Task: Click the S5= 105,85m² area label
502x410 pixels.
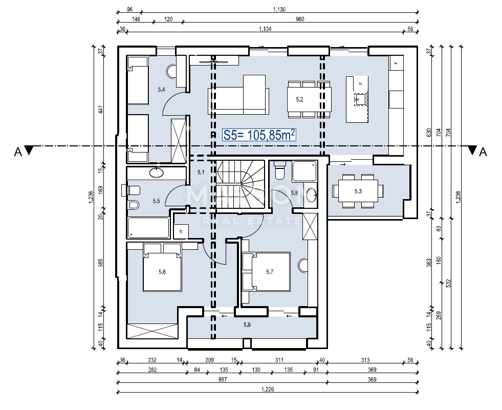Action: (259, 135)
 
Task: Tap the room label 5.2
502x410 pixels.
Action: (300, 100)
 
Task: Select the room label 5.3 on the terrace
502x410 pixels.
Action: (358, 191)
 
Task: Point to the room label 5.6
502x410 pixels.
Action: (162, 272)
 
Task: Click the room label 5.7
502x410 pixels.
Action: (270, 272)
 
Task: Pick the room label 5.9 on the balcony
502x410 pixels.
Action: (247, 324)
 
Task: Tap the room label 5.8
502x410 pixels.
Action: (294, 193)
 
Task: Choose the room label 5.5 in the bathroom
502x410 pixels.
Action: (156, 201)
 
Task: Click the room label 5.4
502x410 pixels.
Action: (161, 90)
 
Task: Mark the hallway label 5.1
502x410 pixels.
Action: (201, 172)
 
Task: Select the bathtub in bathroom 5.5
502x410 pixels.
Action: (148, 228)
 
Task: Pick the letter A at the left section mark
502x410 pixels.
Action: (17, 152)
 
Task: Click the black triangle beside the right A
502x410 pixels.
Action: (471, 150)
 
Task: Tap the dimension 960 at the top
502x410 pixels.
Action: (300, 19)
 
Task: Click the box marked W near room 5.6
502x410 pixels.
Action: (181, 231)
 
